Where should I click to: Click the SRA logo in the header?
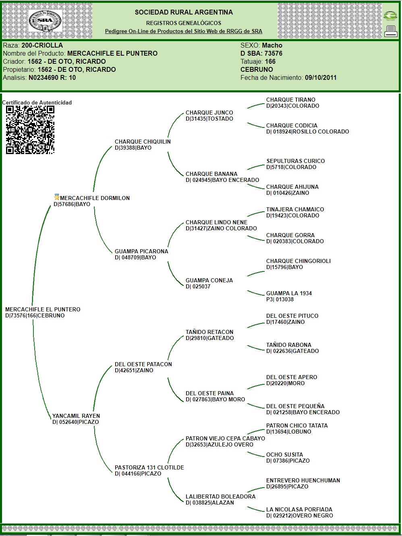(x=45, y=21)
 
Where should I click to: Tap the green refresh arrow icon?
(x=390, y=16)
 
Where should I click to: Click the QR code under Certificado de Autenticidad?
(x=30, y=130)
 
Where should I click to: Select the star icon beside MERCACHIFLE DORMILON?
(x=57, y=197)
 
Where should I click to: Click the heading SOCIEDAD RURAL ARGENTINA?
(x=184, y=13)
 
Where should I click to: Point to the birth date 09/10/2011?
(x=321, y=77)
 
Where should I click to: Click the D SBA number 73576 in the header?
(x=273, y=53)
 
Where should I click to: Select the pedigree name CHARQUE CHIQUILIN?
(x=143, y=142)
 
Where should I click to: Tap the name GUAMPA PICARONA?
(x=141, y=251)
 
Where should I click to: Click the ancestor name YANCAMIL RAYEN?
(x=76, y=416)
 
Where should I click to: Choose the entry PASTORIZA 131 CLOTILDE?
(x=149, y=467)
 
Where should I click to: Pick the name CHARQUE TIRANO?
(x=290, y=100)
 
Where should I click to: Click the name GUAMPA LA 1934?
(x=289, y=293)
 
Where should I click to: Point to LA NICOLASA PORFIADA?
(x=299, y=509)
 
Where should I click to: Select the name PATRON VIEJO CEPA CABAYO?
(x=225, y=438)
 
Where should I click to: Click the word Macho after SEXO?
(x=272, y=45)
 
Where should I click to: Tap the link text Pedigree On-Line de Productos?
(x=183, y=31)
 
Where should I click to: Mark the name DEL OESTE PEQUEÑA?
(x=295, y=406)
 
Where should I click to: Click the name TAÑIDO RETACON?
(x=209, y=332)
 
